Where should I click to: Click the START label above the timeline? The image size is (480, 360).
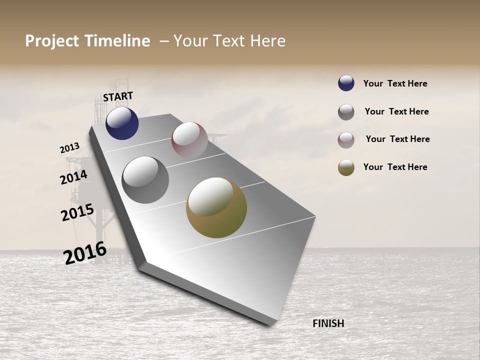click(x=118, y=96)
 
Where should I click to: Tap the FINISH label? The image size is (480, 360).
click(x=328, y=323)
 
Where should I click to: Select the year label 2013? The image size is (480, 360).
click(x=69, y=148)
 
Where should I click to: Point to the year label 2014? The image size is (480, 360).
click(x=74, y=177)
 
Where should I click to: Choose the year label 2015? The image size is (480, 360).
click(x=77, y=212)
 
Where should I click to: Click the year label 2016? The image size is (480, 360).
click(x=85, y=253)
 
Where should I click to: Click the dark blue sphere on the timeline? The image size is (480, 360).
click(x=122, y=123)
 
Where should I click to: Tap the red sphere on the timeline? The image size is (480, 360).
click(x=189, y=139)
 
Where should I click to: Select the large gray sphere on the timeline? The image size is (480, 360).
click(x=145, y=179)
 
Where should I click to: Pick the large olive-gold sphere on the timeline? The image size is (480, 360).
click(x=216, y=207)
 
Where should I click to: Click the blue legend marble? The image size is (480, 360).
click(x=346, y=83)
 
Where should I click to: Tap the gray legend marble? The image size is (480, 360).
click(x=346, y=112)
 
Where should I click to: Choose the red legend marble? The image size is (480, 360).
click(x=346, y=140)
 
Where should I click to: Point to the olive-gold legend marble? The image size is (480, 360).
click(x=346, y=167)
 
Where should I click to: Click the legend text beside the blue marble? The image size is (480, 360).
click(x=395, y=83)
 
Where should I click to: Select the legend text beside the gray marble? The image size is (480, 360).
click(x=396, y=111)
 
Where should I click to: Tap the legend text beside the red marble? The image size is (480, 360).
click(x=397, y=139)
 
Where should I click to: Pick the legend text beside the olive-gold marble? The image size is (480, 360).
click(x=395, y=167)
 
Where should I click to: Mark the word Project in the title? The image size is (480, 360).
click(x=52, y=41)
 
